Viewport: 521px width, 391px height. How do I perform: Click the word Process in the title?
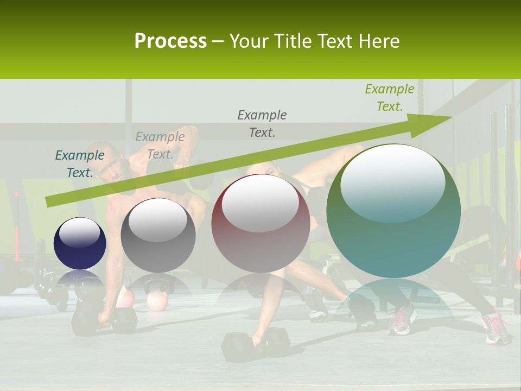[170, 41]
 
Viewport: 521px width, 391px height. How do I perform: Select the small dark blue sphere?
[80, 243]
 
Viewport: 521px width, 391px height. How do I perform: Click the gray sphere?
[158, 236]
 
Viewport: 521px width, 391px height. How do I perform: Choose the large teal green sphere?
[393, 212]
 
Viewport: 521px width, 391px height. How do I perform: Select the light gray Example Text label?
[160, 146]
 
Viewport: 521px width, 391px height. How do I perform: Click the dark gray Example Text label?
[262, 123]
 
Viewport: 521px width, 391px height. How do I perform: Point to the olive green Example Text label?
[389, 98]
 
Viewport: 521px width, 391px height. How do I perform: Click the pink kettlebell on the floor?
[157, 300]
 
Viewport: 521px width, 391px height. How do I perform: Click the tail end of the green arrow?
[49, 202]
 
